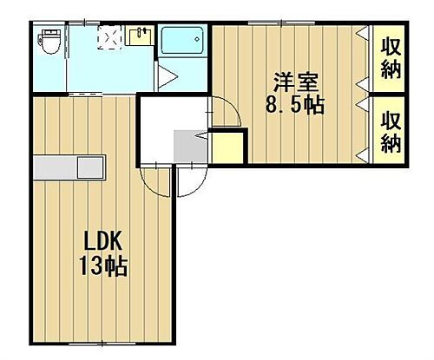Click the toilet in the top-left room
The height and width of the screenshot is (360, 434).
pyautogui.click(x=49, y=42)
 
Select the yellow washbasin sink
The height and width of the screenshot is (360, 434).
pyautogui.click(x=138, y=36)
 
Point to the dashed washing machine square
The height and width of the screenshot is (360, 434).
pyautogui.click(x=109, y=39)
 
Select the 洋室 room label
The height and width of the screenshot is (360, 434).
pyautogui.click(x=296, y=84)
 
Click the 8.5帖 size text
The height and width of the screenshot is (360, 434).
pyautogui.click(x=295, y=106)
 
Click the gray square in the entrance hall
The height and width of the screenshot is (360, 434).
pyautogui.click(x=189, y=144)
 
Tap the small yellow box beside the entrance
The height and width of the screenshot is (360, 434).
pyautogui.click(x=227, y=145)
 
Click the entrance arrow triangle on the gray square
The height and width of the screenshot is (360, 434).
pyautogui.click(x=201, y=135)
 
